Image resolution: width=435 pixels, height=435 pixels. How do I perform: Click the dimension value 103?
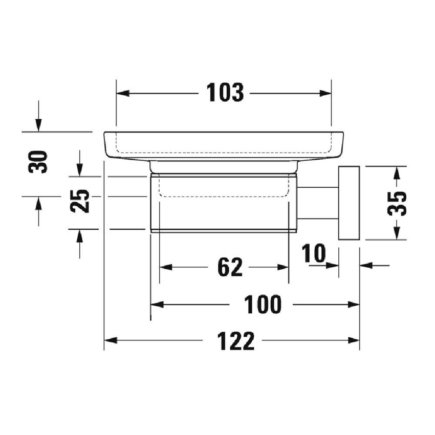tap(225, 93)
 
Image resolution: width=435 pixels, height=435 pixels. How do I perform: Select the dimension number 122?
tap(236, 341)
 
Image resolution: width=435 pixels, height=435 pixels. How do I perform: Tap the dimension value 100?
tap(263, 304)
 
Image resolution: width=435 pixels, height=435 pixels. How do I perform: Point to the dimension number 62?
tap(230, 267)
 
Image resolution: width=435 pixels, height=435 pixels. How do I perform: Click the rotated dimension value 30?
tap(38, 162)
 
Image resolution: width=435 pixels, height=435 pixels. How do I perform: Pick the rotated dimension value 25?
tap(80, 201)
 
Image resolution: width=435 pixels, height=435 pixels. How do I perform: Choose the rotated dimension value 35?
tap(397, 203)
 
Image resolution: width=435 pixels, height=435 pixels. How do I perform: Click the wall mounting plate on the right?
tap(348, 203)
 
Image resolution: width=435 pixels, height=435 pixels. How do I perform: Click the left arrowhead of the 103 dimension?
tap(122, 93)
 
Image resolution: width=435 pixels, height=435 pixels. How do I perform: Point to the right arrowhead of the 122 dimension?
tap(354, 341)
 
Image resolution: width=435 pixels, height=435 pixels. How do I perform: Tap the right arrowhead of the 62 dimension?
tap(284, 267)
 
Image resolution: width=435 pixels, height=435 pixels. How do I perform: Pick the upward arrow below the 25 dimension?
tap(80, 236)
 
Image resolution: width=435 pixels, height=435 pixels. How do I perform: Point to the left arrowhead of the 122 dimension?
tap(110, 341)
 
